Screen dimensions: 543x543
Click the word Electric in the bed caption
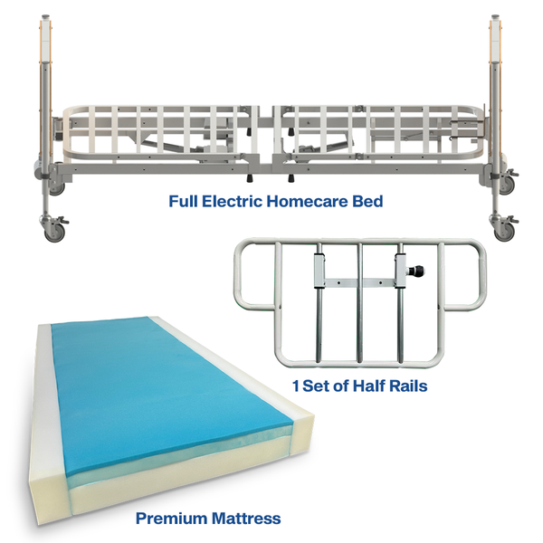[x=232, y=201]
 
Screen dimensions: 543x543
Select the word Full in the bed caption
[x=184, y=201]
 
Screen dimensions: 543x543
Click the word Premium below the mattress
[x=171, y=519]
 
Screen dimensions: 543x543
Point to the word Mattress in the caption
[x=246, y=519]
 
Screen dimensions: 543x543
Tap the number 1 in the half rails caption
[x=296, y=386]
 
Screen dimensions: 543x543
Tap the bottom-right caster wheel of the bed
[x=504, y=231]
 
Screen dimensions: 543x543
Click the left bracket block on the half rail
[x=319, y=271]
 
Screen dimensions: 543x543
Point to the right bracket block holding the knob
[x=400, y=271]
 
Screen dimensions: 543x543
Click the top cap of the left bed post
[x=46, y=17]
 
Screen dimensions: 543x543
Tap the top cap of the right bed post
[x=496, y=17]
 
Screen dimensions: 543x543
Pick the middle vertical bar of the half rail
[x=360, y=302]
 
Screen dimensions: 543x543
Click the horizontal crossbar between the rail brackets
[x=360, y=283]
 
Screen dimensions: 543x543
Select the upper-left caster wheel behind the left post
[x=57, y=187]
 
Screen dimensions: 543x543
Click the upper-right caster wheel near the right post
[x=507, y=186]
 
